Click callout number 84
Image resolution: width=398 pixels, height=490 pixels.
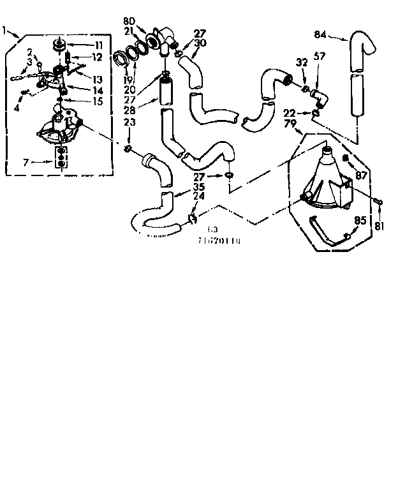[321, 34]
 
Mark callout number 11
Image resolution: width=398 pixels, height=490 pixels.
[99, 45]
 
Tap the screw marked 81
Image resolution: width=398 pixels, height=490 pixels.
[378, 202]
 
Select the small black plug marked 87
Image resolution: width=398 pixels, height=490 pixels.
[344, 157]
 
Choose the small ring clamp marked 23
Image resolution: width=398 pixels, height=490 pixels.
[129, 149]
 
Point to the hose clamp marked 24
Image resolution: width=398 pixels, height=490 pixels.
[191, 220]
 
